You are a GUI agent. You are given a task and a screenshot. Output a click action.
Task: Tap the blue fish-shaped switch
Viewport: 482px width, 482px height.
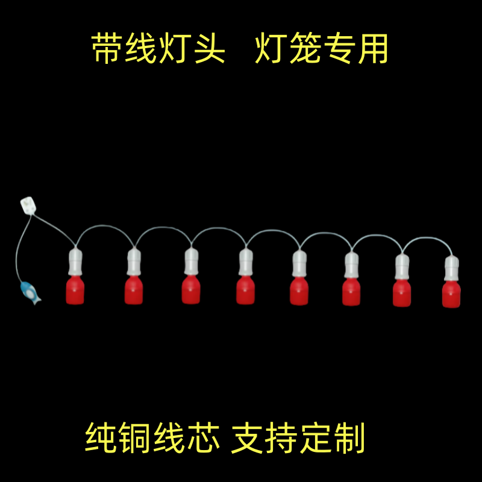click(28, 292)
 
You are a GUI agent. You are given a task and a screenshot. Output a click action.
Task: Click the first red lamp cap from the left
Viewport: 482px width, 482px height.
click(75, 290)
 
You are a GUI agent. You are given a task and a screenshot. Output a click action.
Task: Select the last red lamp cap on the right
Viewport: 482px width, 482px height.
click(451, 293)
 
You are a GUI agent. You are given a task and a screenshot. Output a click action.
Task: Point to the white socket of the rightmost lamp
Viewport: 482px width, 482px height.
click(451, 268)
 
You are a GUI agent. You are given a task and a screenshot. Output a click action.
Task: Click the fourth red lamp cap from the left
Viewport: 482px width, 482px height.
click(245, 290)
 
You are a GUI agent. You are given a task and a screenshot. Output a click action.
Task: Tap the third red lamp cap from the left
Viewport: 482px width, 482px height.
click(191, 290)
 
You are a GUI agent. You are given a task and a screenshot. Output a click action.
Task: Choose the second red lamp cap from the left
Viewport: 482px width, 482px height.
click(134, 290)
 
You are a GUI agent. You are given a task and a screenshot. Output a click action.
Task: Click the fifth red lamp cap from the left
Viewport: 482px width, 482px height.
click(299, 291)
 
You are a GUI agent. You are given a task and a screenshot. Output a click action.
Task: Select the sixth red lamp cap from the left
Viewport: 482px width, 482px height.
click(351, 292)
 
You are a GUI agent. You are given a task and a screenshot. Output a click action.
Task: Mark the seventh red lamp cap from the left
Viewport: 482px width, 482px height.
click(402, 293)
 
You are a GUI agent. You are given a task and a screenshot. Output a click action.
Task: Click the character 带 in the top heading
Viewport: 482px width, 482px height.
click(108, 49)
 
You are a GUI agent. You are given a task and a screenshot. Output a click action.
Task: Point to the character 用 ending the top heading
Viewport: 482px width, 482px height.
click(371, 49)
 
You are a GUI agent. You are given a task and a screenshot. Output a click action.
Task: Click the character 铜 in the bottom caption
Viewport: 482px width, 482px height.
click(137, 438)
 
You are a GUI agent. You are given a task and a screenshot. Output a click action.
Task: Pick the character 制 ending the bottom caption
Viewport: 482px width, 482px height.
click(348, 438)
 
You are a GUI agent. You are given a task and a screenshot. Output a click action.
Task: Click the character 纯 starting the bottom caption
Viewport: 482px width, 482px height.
click(102, 438)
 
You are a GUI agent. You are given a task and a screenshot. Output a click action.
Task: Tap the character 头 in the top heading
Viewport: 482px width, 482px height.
click(208, 49)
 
